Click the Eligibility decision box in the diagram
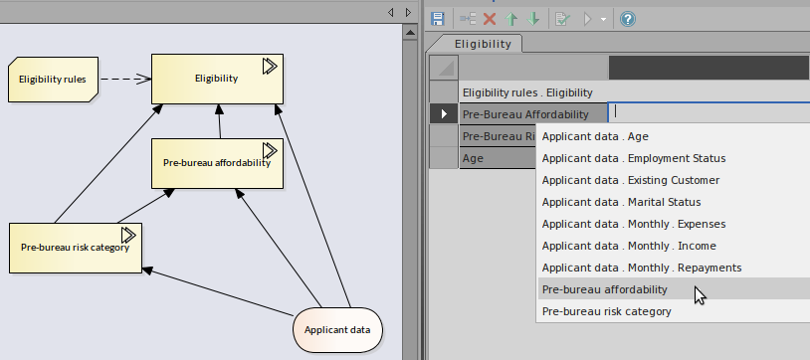(216, 79)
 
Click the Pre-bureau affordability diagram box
(216, 162)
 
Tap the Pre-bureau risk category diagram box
(75, 247)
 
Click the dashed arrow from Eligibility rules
(124, 79)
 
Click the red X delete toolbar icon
(490, 19)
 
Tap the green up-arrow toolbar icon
(512, 19)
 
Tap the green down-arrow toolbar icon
(534, 19)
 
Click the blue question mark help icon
(628, 19)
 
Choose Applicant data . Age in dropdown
(595, 136)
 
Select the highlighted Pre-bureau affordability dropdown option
(605, 289)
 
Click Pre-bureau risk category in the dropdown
(607, 311)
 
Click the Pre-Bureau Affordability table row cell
(531, 113)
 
